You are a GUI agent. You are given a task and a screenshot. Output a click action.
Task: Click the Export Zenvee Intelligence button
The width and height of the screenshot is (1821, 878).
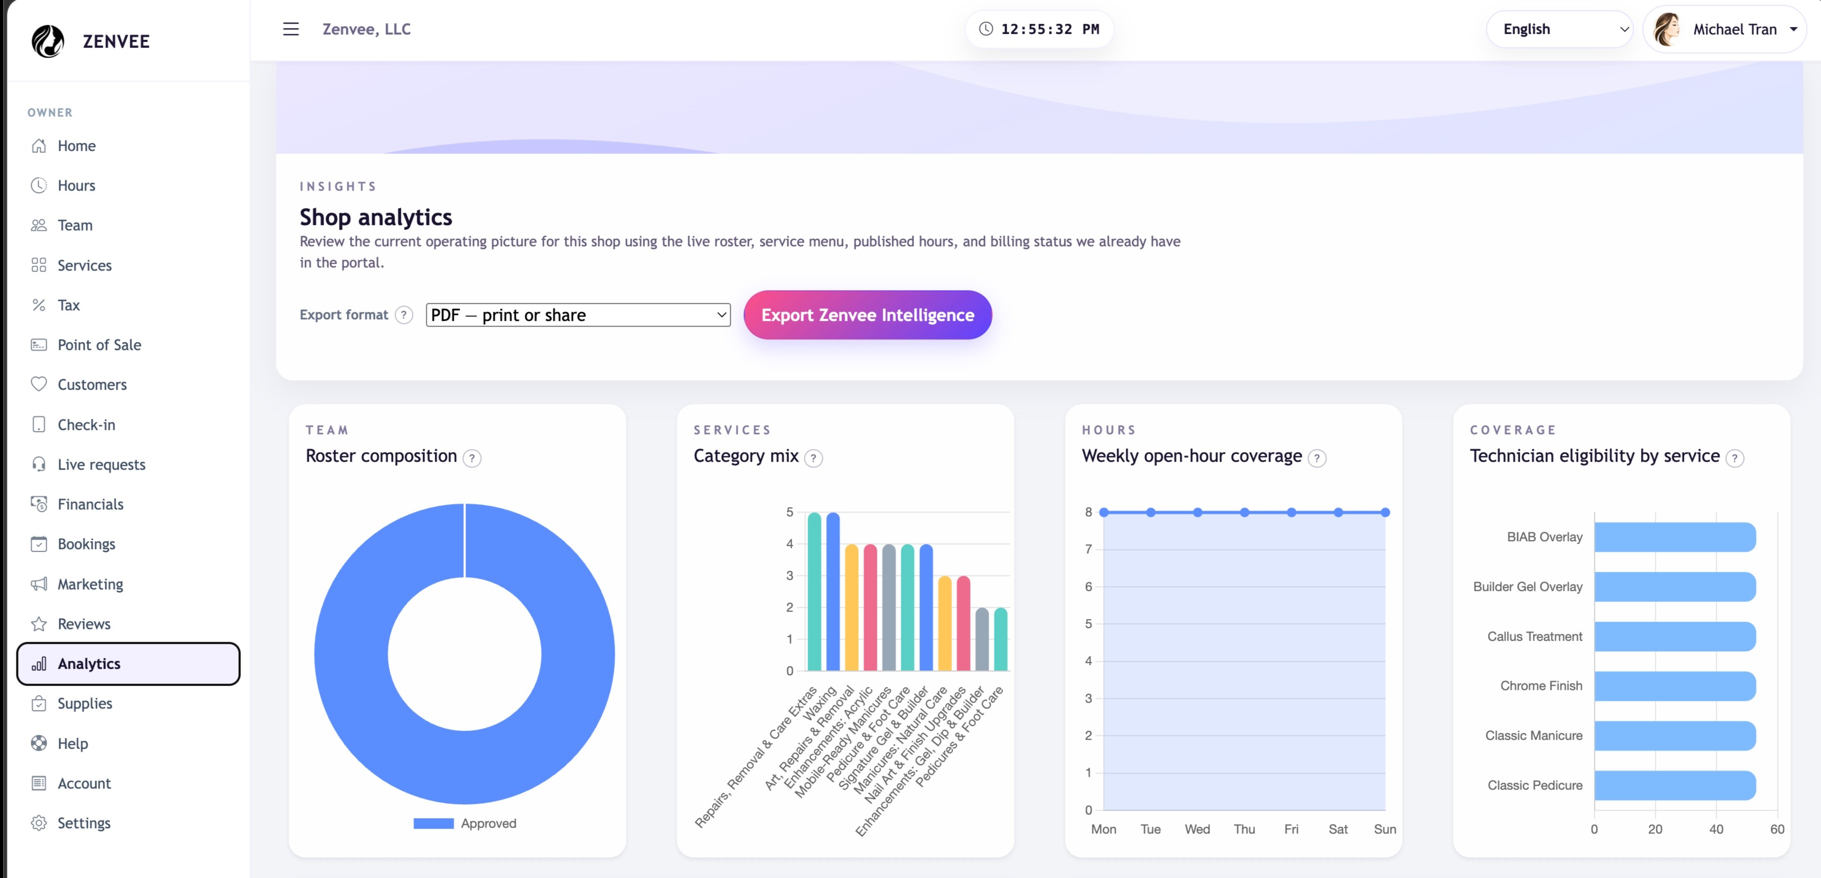[x=867, y=315]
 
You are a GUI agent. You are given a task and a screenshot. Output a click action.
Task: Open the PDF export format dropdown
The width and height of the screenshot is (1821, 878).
[x=578, y=315]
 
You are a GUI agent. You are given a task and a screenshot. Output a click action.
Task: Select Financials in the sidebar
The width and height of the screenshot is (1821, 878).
[x=91, y=504]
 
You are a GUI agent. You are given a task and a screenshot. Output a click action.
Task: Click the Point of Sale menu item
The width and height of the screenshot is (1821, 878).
[x=99, y=345]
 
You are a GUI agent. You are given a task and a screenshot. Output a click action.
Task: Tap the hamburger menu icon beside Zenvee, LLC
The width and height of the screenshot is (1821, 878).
[x=291, y=29]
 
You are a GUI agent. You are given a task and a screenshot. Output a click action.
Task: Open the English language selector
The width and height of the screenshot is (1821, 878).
[x=1559, y=29]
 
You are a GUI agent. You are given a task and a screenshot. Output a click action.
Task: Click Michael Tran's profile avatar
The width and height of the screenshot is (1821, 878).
[x=1667, y=29]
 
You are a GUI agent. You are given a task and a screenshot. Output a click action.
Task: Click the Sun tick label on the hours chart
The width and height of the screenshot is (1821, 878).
[x=1385, y=829]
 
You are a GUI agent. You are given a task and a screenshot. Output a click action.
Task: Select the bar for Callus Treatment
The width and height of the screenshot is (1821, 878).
[x=1675, y=636]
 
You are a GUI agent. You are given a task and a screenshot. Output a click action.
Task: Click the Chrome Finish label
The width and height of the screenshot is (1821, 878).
[x=1541, y=686]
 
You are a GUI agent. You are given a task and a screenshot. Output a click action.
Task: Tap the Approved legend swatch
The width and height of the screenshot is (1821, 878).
[x=433, y=823]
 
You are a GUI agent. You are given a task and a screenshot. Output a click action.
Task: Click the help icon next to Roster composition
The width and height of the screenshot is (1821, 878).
[x=471, y=458]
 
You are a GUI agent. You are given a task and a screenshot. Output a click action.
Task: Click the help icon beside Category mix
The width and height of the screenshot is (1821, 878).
[x=814, y=458]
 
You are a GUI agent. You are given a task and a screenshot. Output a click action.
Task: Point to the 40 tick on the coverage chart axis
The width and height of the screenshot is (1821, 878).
[x=1716, y=829]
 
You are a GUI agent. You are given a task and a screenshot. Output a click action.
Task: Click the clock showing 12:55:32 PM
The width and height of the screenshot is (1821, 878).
[x=1039, y=29]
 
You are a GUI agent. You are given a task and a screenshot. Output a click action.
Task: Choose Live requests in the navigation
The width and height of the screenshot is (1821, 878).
[x=101, y=464]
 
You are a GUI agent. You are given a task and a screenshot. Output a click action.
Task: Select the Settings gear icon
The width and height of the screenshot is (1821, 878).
[x=39, y=823]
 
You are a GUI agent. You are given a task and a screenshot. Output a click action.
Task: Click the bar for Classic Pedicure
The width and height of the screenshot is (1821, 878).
[x=1675, y=785]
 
